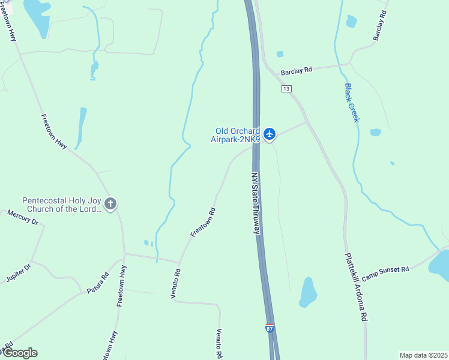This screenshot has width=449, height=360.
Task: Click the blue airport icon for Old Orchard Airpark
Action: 270,134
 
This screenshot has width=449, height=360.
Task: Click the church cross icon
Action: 110,204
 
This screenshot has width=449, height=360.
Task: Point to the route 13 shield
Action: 286,89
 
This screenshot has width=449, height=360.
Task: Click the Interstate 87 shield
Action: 270,328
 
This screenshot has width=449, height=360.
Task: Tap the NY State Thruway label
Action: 256,203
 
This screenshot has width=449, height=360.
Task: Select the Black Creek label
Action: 352,103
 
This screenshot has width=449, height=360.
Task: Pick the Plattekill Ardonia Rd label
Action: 355,286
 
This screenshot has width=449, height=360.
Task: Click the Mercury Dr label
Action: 23,217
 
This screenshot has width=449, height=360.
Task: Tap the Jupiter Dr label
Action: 17,272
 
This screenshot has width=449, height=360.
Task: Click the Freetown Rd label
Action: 203,222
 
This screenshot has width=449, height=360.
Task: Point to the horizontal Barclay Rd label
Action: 300,70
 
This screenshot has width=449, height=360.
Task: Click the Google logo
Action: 19,353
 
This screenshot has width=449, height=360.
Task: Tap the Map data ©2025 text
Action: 423,355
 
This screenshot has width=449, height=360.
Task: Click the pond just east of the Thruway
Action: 307,292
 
